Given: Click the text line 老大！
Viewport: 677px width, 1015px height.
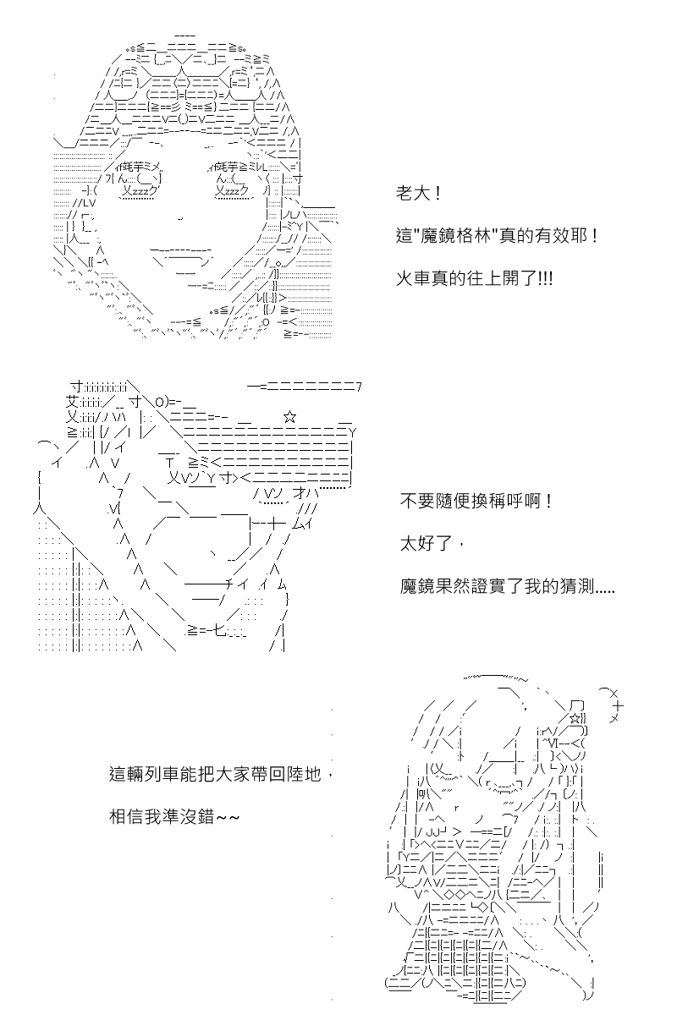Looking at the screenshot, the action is click(418, 194).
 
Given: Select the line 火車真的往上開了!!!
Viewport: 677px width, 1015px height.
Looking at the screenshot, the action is click(474, 278).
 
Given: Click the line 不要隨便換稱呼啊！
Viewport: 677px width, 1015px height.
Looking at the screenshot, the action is click(476, 501).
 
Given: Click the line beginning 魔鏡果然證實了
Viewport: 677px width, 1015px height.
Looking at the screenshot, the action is click(507, 586).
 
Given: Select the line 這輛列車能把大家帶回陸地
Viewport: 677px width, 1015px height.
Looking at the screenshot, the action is click(215, 774).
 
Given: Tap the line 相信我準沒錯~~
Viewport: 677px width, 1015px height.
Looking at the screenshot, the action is click(174, 816).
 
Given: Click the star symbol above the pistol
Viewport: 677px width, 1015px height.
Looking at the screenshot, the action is click(289, 417).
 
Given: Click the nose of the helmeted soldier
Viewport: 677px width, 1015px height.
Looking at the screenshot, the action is click(181, 219).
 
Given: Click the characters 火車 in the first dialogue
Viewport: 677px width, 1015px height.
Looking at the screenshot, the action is click(413, 278).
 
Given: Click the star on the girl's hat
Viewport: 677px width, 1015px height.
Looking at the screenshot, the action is click(575, 718).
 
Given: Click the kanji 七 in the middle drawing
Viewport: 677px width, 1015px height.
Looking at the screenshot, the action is click(219, 630).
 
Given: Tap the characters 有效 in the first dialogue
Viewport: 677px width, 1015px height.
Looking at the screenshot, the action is click(552, 236).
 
